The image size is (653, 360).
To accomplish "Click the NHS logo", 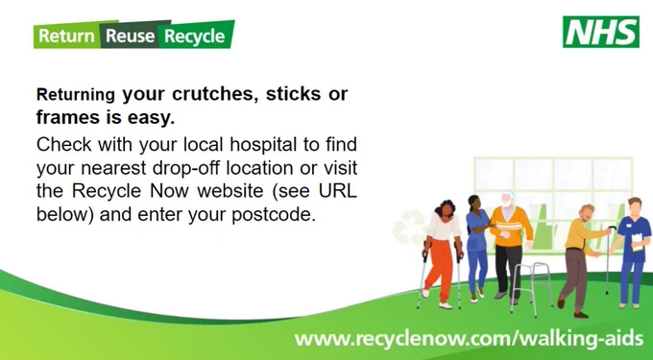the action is click(600, 32).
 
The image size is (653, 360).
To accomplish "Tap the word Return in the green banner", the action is click(66, 36).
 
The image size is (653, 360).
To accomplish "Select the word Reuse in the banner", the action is click(131, 36).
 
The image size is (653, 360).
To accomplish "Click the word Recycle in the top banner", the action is click(195, 36).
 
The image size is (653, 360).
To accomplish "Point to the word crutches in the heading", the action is click(212, 94).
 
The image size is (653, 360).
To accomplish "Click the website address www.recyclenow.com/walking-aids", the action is click(469, 338).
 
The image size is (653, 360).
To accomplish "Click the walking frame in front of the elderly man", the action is click(531, 287).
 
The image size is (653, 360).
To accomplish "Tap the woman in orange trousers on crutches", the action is click(444, 253).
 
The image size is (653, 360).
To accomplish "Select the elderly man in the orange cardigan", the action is click(509, 246).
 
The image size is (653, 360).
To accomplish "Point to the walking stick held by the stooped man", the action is click(608, 260).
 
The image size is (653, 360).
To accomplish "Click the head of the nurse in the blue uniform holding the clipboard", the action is click(635, 206).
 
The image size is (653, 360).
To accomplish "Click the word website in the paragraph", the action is click(230, 191).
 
